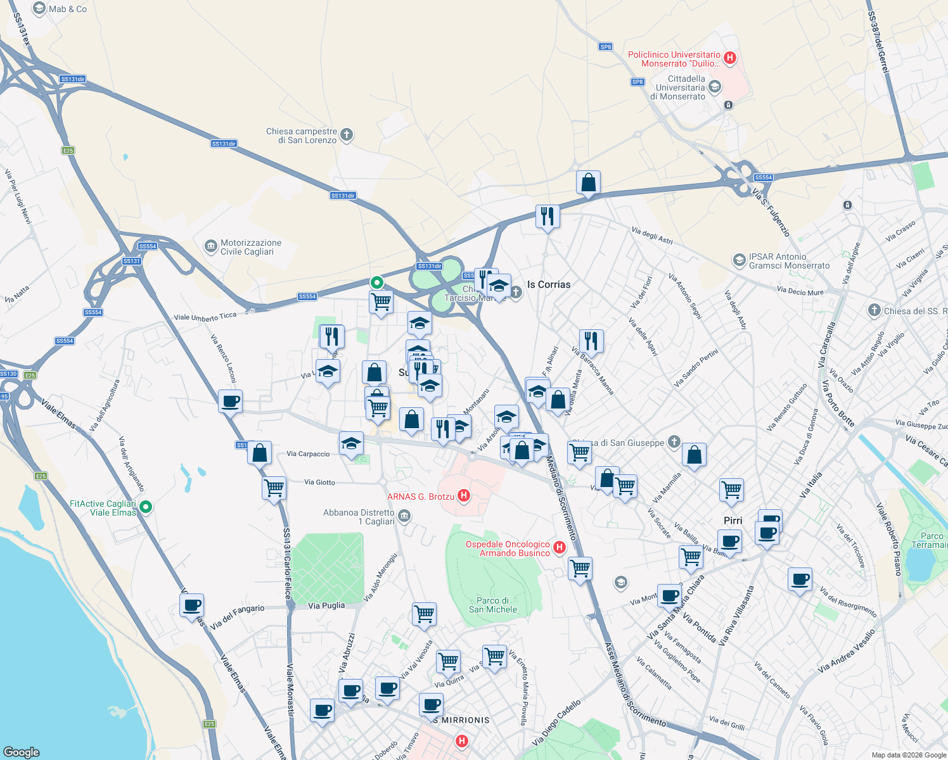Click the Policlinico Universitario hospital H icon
click(x=729, y=58)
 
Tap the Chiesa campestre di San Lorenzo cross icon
click(x=346, y=134)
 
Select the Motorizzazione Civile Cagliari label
click(x=250, y=247)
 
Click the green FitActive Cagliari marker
click(x=146, y=507)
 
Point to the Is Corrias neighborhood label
click(x=549, y=284)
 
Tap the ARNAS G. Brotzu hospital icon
click(x=463, y=496)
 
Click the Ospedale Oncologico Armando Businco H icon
click(x=559, y=548)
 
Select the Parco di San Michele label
click(x=493, y=605)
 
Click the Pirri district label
click(x=733, y=521)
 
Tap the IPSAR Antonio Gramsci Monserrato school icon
click(x=739, y=260)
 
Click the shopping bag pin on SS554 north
click(x=588, y=183)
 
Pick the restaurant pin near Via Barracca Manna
click(x=591, y=341)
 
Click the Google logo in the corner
click(x=22, y=752)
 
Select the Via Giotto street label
click(x=319, y=483)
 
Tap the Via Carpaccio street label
click(x=308, y=454)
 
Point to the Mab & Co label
click(x=68, y=9)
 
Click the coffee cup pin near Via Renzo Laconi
click(x=230, y=402)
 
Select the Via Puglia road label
click(x=326, y=605)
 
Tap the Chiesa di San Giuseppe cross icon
click(x=674, y=442)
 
